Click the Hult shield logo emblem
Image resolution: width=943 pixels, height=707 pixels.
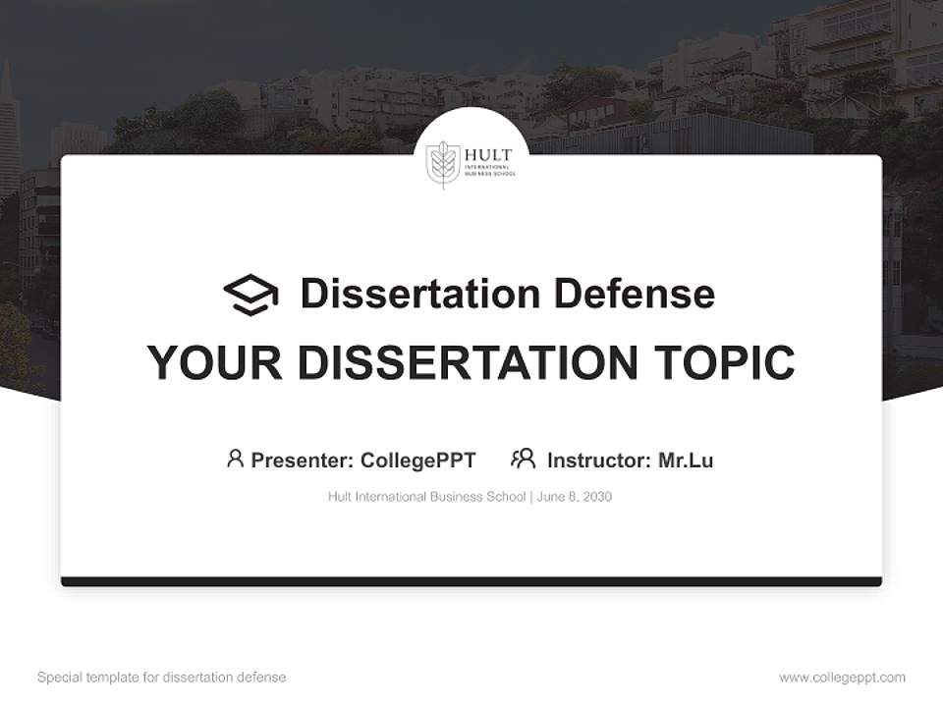click(x=443, y=164)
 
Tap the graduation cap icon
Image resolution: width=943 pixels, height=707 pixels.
click(x=250, y=295)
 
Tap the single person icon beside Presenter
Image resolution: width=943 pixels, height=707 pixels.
click(x=235, y=459)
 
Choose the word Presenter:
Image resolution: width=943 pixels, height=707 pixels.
click(x=302, y=460)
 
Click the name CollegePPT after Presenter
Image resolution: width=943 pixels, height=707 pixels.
click(x=418, y=460)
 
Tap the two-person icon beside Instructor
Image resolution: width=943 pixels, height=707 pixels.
click(x=524, y=459)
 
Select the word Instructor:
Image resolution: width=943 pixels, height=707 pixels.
click(x=598, y=460)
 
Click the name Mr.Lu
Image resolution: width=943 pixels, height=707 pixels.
click(x=686, y=460)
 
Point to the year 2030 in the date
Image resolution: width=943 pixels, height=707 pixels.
click(x=596, y=497)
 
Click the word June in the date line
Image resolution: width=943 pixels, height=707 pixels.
click(x=551, y=497)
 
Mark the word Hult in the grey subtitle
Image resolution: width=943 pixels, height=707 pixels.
click(x=340, y=497)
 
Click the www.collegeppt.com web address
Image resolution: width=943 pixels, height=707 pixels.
click(x=842, y=678)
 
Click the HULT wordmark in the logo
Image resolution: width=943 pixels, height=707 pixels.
click(x=487, y=156)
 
